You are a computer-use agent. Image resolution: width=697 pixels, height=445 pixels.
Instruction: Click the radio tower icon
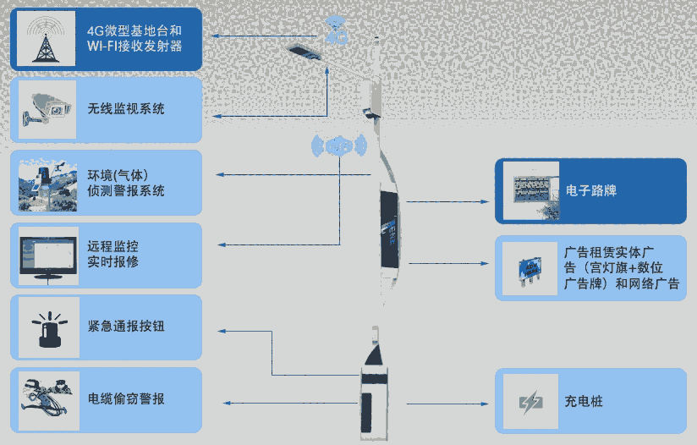pyautogui.click(x=41, y=39)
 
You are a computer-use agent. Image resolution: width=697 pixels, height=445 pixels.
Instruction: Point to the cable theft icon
pyautogui.click(x=47, y=398)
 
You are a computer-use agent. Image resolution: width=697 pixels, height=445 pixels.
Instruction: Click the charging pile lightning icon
pyautogui.click(x=530, y=400)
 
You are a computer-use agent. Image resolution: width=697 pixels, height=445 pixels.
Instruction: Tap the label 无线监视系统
pyautogui.click(x=126, y=109)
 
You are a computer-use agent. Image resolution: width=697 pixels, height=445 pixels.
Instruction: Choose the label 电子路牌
pyautogui.click(x=591, y=190)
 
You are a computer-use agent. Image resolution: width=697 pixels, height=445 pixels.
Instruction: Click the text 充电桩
pyautogui.click(x=584, y=400)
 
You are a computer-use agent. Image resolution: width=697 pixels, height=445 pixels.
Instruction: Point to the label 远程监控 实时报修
pyautogui.click(x=113, y=255)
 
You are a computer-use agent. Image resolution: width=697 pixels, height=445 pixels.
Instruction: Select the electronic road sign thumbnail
pyautogui.click(x=530, y=190)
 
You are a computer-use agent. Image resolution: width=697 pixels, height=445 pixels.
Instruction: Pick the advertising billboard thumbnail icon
pyautogui.click(x=530, y=267)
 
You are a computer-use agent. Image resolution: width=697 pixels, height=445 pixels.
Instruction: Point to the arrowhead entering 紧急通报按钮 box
pyautogui.click(x=221, y=330)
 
